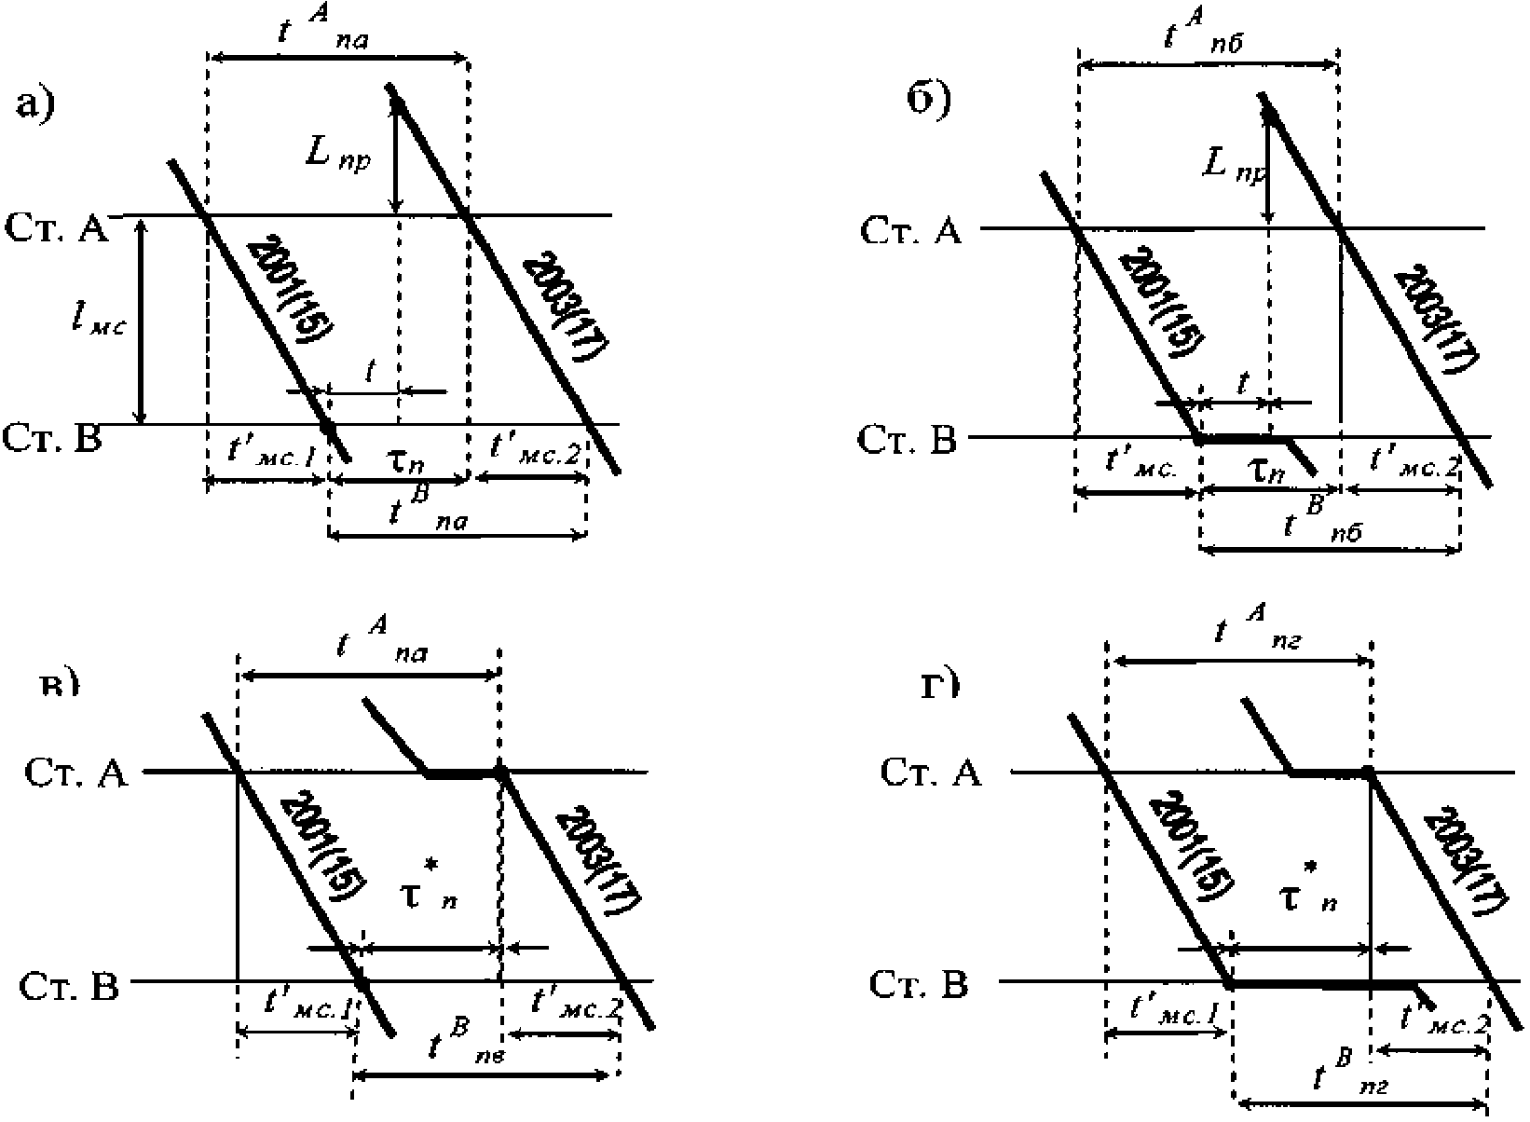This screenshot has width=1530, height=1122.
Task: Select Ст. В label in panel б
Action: [908, 440]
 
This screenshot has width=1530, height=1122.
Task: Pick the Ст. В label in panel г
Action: [919, 985]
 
